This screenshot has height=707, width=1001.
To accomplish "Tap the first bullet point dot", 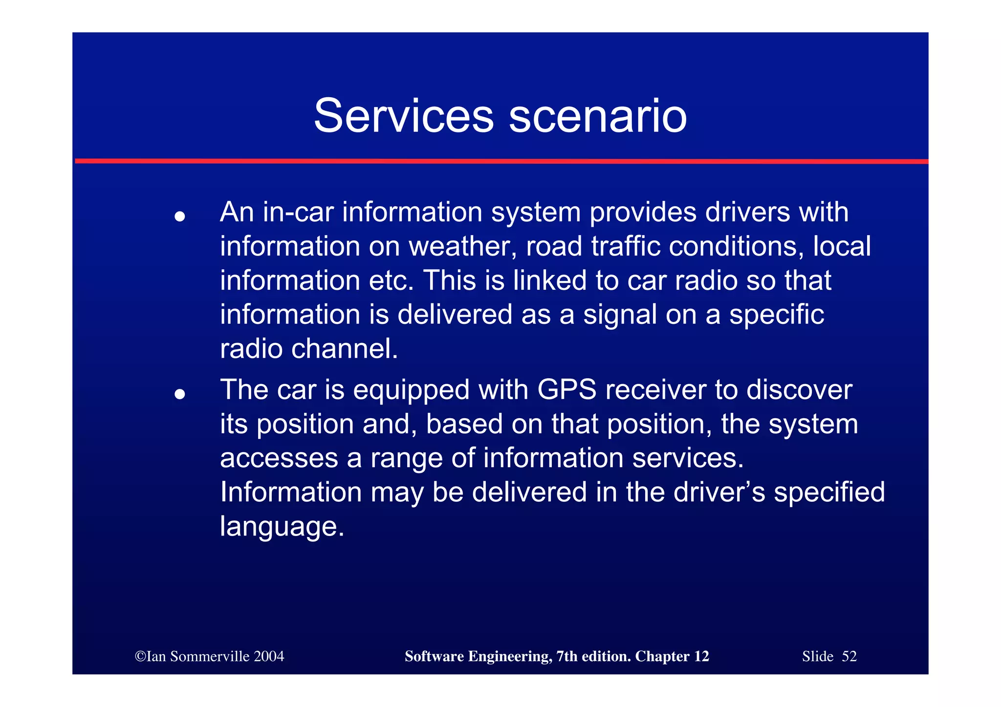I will pos(180,216).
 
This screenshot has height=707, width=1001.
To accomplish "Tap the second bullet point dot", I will pos(180,394).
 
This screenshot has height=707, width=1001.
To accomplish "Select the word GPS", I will pos(567,390).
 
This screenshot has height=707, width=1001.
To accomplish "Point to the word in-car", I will pos(298,212).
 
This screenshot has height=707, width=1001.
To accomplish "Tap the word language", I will pos(282,527).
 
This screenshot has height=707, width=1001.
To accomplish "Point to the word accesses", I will pos(279,458).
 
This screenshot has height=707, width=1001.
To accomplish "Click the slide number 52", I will pos(849,656).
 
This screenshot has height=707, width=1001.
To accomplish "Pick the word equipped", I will pos(411,390).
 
